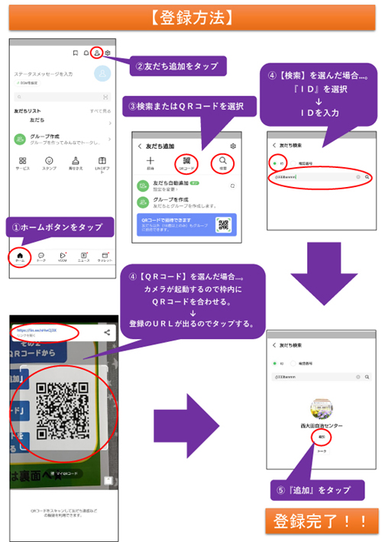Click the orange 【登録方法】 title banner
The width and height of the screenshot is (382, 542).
point(191,15)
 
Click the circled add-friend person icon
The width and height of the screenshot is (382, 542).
point(96,53)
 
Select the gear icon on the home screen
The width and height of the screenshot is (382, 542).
point(108,53)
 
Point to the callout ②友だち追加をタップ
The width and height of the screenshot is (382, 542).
point(175,66)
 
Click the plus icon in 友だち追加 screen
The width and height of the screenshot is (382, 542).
point(151,162)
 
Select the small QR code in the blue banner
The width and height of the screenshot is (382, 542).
point(222,224)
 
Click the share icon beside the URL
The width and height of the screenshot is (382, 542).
point(108,332)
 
